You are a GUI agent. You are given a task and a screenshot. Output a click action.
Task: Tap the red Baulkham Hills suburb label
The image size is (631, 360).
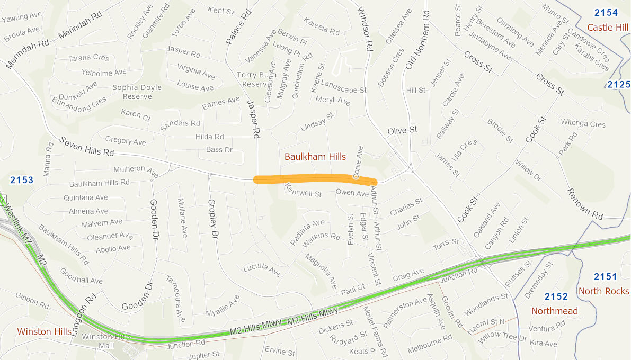click(x=315, y=157)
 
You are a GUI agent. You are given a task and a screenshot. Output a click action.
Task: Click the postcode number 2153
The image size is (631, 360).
click(x=21, y=180)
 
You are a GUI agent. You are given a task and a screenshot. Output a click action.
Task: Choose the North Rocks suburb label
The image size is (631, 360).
click(x=603, y=291)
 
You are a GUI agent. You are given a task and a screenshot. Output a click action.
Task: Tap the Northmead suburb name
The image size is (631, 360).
click(x=554, y=311)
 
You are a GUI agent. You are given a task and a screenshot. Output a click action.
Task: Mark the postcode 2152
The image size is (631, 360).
click(x=556, y=296)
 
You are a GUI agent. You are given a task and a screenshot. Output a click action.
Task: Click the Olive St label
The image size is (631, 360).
click(x=402, y=130)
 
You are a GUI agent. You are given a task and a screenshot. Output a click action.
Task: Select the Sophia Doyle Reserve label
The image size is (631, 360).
click(x=137, y=92)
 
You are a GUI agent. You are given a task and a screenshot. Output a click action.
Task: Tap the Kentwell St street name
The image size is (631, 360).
click(x=303, y=191)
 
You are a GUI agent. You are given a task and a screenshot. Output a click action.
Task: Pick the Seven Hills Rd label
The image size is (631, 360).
click(x=87, y=147)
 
